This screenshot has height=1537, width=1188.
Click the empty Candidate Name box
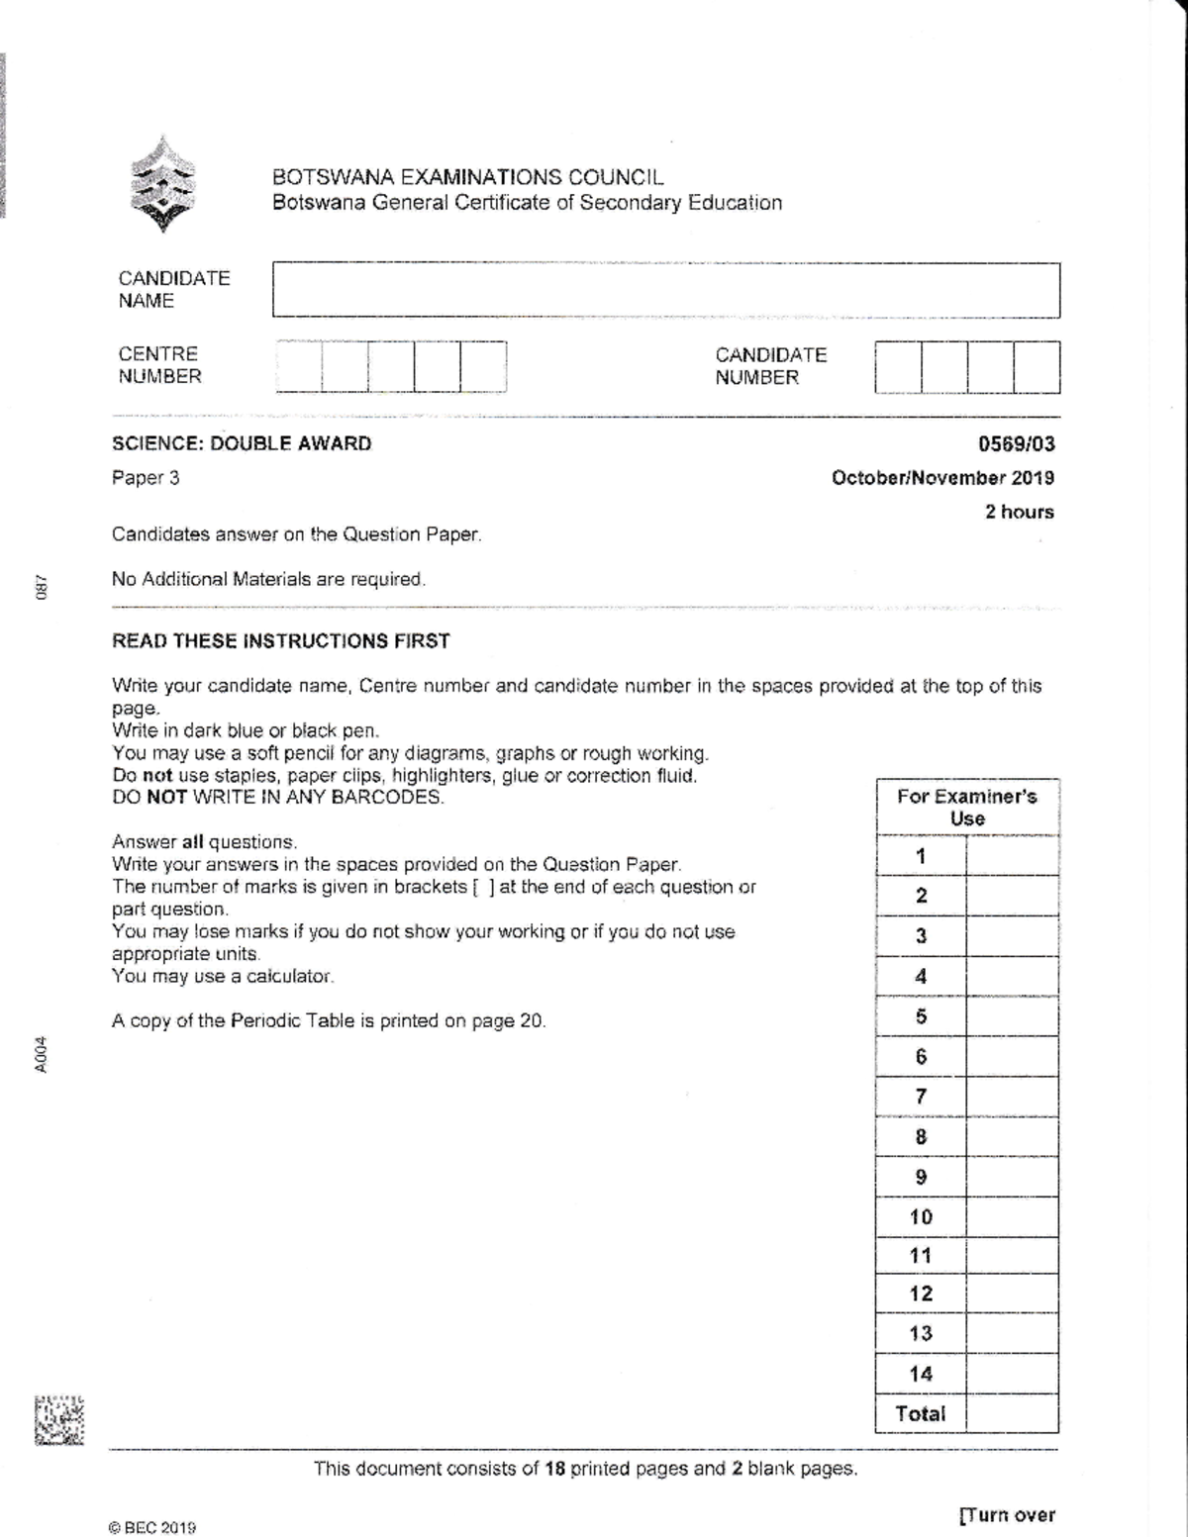click(x=665, y=290)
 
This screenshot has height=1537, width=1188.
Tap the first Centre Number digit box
click(x=299, y=367)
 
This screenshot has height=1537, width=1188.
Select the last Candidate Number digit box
click(x=1037, y=367)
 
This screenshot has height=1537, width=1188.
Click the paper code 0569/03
click(x=1016, y=444)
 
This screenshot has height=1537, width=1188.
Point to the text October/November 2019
click(x=942, y=478)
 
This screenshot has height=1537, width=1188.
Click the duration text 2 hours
click(x=1019, y=512)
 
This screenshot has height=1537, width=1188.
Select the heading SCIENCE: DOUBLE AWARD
click(x=242, y=443)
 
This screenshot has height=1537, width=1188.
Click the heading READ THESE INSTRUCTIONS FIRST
click(x=281, y=640)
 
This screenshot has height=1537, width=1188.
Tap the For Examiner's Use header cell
click(x=966, y=808)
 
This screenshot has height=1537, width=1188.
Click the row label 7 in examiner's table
click(x=921, y=1097)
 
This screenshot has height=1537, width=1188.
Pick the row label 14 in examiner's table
click(x=921, y=1374)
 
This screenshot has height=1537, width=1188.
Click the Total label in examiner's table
click(x=921, y=1413)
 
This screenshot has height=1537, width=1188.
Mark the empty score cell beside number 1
click(x=1012, y=856)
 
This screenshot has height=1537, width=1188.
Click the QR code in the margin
click(x=59, y=1421)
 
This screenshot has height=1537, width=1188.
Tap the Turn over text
click(x=1007, y=1515)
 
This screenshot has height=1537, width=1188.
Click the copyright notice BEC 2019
click(x=153, y=1527)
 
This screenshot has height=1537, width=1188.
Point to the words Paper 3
click(x=146, y=478)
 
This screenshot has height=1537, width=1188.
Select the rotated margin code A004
click(x=40, y=1053)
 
